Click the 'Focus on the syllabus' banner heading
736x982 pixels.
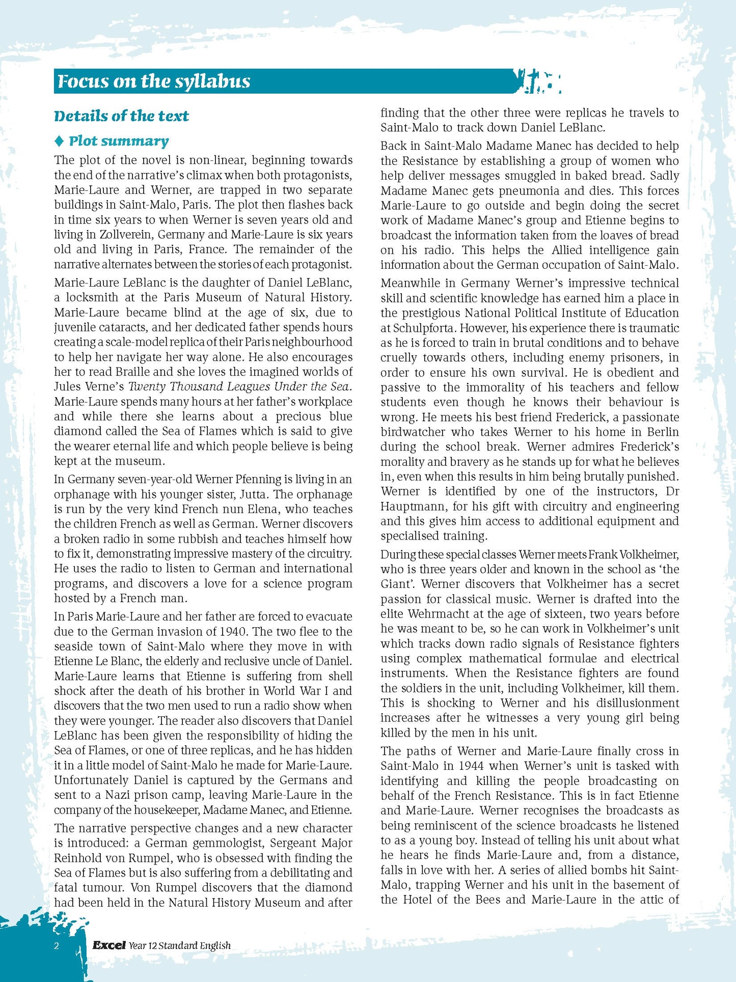click(153, 81)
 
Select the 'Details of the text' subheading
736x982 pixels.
click(121, 116)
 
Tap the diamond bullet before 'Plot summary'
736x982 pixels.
click(59, 141)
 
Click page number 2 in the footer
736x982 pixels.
click(57, 946)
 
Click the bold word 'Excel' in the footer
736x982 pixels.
click(108, 945)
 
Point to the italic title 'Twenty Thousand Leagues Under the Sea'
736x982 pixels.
click(239, 387)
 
